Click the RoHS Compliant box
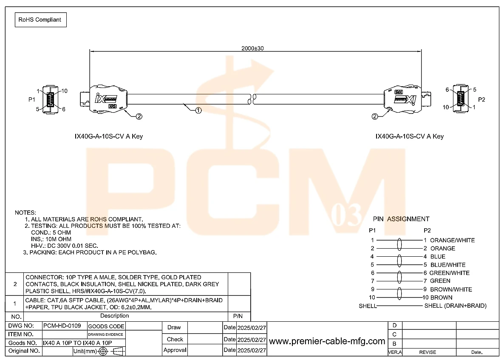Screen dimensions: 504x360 (40, 20)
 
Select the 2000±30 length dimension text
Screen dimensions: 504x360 (252, 48)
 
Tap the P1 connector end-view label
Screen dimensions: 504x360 (31, 99)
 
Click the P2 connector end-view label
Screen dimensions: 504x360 (481, 99)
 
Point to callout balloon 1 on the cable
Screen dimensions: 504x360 (198, 111)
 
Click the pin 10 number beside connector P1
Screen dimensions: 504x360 (64, 91)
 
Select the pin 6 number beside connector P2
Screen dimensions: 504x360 (447, 90)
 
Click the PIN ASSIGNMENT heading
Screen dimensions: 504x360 (401, 219)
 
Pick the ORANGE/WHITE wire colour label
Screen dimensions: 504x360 (452, 240)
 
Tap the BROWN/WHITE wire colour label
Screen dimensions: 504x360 (451, 289)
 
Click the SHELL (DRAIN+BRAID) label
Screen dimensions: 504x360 (456, 306)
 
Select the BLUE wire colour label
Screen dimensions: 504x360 (438, 256)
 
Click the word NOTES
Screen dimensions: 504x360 (25, 213)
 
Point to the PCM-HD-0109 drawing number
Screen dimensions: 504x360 (62, 326)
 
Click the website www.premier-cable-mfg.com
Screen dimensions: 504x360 (327, 341)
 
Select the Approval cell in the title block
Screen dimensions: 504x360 (175, 350)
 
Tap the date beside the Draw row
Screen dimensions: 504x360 (252, 328)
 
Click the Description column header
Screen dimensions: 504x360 (114, 316)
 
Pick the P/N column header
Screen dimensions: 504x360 (238, 316)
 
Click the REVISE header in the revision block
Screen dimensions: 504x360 (428, 352)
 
